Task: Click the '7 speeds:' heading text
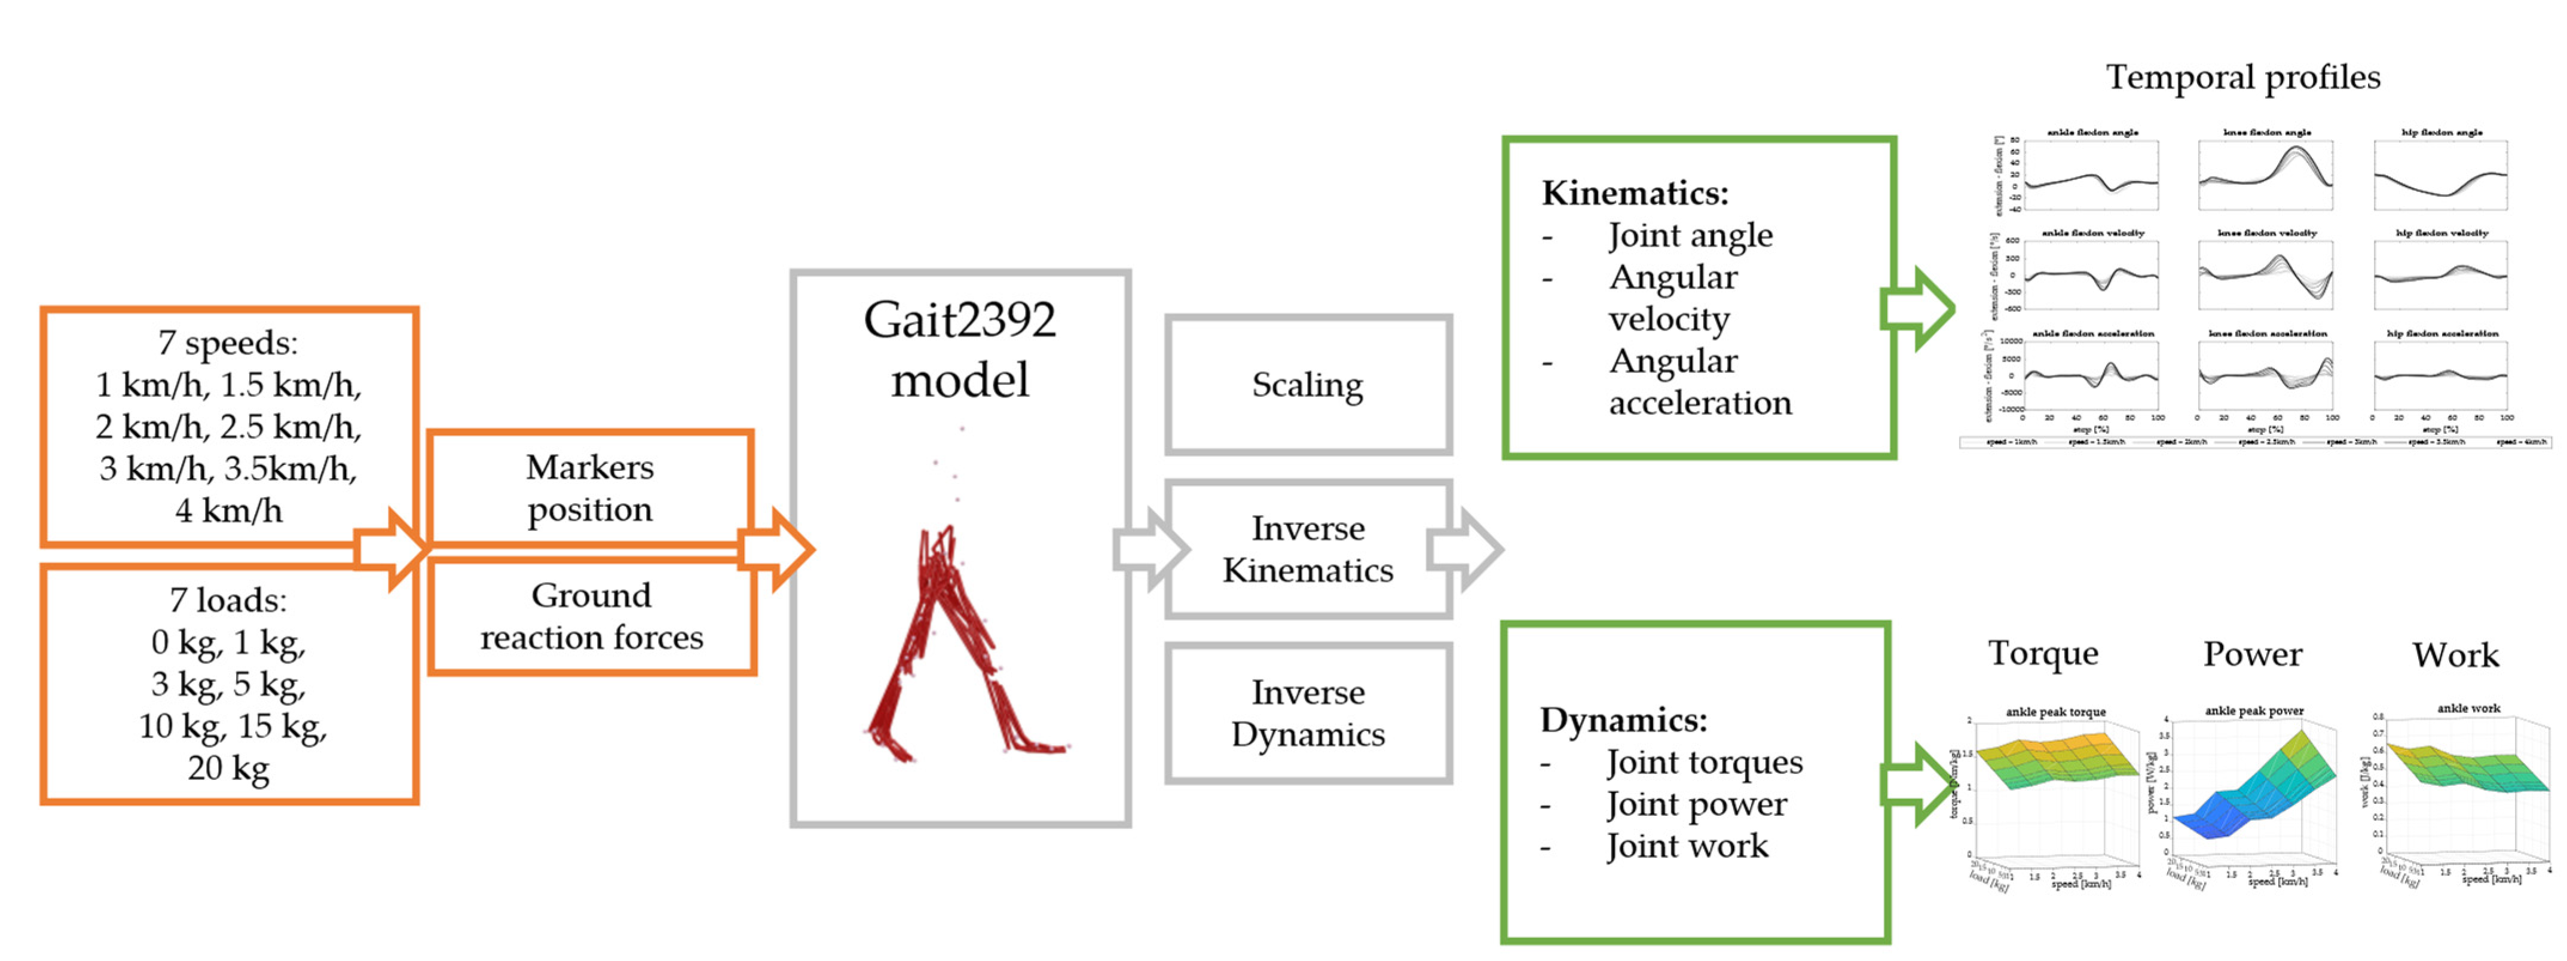(228, 343)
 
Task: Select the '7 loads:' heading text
(228, 600)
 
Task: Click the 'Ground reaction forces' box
(591, 616)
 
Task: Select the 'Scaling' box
(1308, 385)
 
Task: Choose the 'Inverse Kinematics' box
(1308, 549)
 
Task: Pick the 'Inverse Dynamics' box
(1308, 713)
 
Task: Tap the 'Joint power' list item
(1696, 803)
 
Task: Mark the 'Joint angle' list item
(1690, 235)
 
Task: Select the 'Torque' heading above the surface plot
(2043, 653)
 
